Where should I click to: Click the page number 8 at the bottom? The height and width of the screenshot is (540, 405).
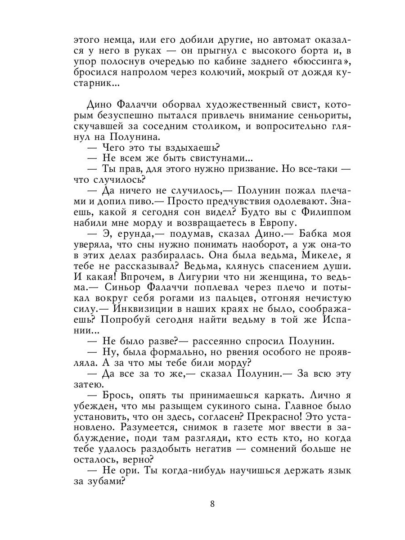point(212,504)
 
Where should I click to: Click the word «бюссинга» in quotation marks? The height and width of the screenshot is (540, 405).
point(319,62)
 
